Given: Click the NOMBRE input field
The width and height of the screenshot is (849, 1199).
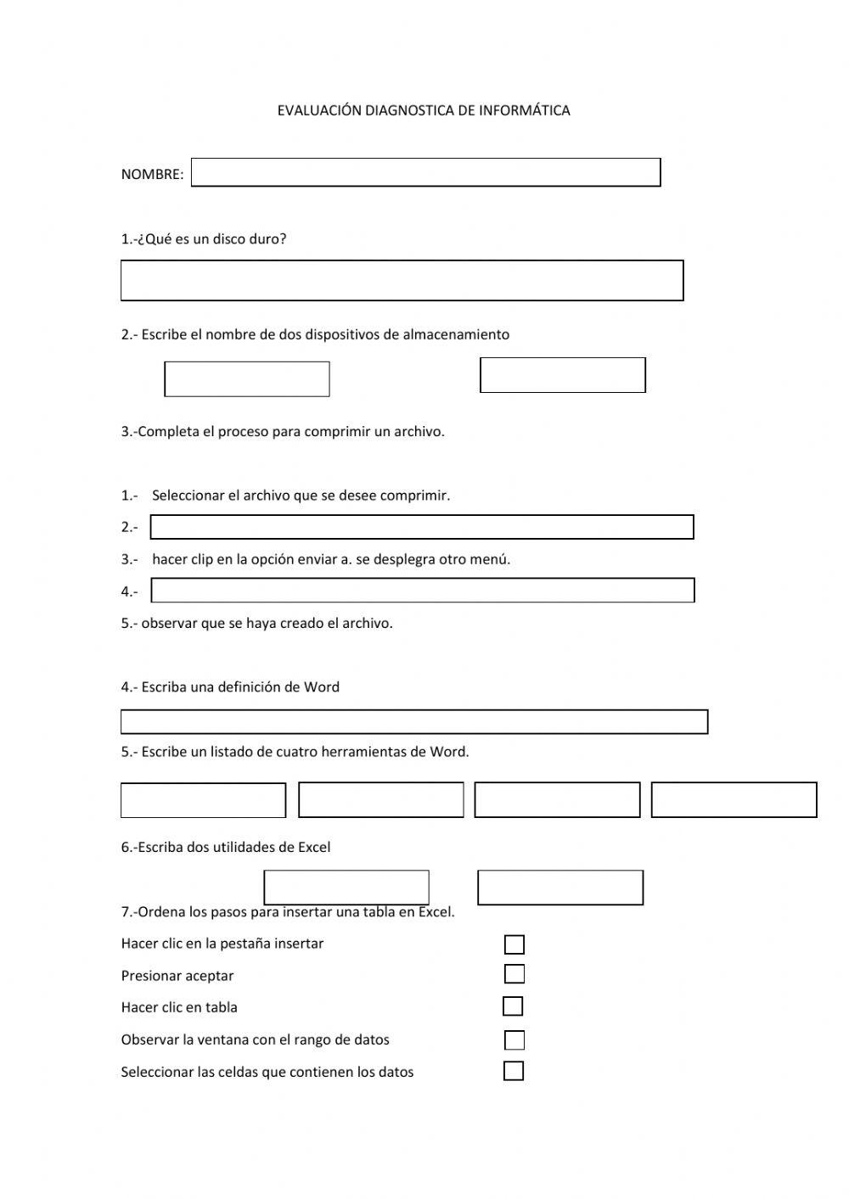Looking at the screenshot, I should click(425, 172).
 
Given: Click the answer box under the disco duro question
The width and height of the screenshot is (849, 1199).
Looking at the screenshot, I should click(402, 280).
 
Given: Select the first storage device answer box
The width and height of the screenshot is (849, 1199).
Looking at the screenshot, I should click(247, 379).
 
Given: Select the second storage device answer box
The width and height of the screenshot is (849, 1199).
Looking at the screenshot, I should click(563, 375).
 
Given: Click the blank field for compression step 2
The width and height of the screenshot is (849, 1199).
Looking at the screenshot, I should click(422, 527).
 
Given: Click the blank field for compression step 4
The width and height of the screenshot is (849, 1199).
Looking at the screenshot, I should click(423, 591).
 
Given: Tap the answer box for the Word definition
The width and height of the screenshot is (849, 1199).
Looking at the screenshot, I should click(414, 721).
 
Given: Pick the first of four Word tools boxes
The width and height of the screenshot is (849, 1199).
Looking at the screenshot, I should click(203, 800).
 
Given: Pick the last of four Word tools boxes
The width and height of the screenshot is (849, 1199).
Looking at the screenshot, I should click(734, 800).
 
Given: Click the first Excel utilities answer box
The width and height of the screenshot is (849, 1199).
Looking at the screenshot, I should click(346, 888).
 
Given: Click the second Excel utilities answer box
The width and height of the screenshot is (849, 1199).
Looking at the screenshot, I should click(560, 888).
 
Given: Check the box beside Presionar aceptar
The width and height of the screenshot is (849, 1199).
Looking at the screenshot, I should click(514, 974).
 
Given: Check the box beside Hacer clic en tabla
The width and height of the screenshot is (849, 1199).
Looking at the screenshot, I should click(513, 1006).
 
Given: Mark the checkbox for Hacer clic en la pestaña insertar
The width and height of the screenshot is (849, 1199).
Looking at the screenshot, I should click(514, 944).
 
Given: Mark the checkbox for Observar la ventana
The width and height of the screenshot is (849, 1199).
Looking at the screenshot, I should click(514, 1040).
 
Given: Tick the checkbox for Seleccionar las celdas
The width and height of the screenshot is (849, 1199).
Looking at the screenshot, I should click(514, 1071).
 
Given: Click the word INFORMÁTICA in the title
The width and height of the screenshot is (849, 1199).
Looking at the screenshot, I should click(524, 110).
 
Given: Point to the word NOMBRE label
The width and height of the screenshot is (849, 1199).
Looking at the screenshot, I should click(152, 175).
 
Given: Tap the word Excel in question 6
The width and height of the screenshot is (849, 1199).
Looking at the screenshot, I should click(314, 847).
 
